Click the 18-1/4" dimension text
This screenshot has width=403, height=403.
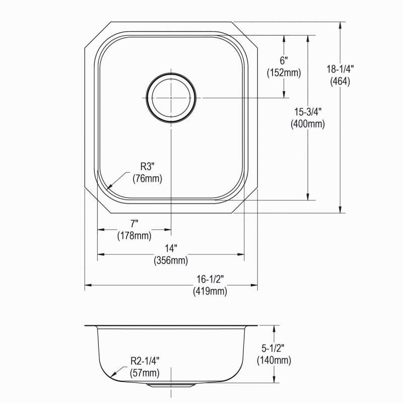click(340, 69)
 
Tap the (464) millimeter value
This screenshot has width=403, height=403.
click(340, 82)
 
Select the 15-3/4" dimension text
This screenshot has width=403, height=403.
click(308, 112)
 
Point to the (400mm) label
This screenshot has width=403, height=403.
click(308, 124)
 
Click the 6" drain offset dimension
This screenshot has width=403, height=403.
click(284, 61)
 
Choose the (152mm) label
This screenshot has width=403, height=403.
click(284, 73)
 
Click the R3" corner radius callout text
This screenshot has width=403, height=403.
click(147, 167)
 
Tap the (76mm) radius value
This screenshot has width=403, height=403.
click(147, 179)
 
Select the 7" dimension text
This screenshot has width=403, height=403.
click(134, 224)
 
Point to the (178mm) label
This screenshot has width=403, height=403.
click(134, 236)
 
